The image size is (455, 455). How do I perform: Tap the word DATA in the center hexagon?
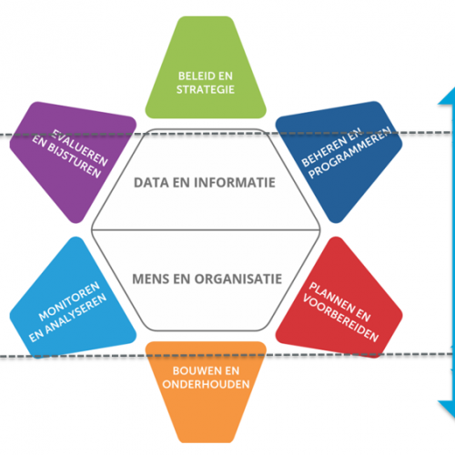(x=152, y=181)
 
